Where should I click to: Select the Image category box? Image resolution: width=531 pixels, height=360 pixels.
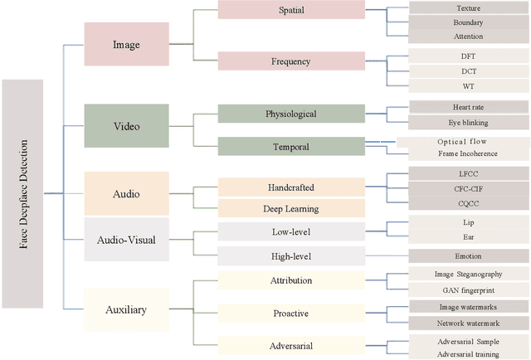pyautogui.click(x=126, y=44)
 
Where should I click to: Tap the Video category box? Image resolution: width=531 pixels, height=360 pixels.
pyautogui.click(x=126, y=127)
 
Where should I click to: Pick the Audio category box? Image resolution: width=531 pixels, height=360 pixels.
pyautogui.click(x=126, y=193)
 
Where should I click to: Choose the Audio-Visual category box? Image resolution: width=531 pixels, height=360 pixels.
pyautogui.click(x=126, y=241)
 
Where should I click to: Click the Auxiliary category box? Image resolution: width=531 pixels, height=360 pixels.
pyautogui.click(x=126, y=309)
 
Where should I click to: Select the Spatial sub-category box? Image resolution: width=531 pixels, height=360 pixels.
pyautogui.click(x=290, y=10)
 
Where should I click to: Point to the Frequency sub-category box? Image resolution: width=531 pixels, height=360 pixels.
pyautogui.click(x=290, y=61)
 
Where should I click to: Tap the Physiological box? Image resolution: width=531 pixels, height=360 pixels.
pyautogui.click(x=290, y=114)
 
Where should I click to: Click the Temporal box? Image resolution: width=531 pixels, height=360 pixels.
pyautogui.click(x=290, y=146)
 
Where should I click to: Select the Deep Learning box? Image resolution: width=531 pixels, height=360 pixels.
pyautogui.click(x=290, y=208)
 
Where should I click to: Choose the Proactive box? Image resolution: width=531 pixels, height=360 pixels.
pyautogui.click(x=290, y=314)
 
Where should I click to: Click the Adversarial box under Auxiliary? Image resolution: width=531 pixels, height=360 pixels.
pyautogui.click(x=290, y=346)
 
